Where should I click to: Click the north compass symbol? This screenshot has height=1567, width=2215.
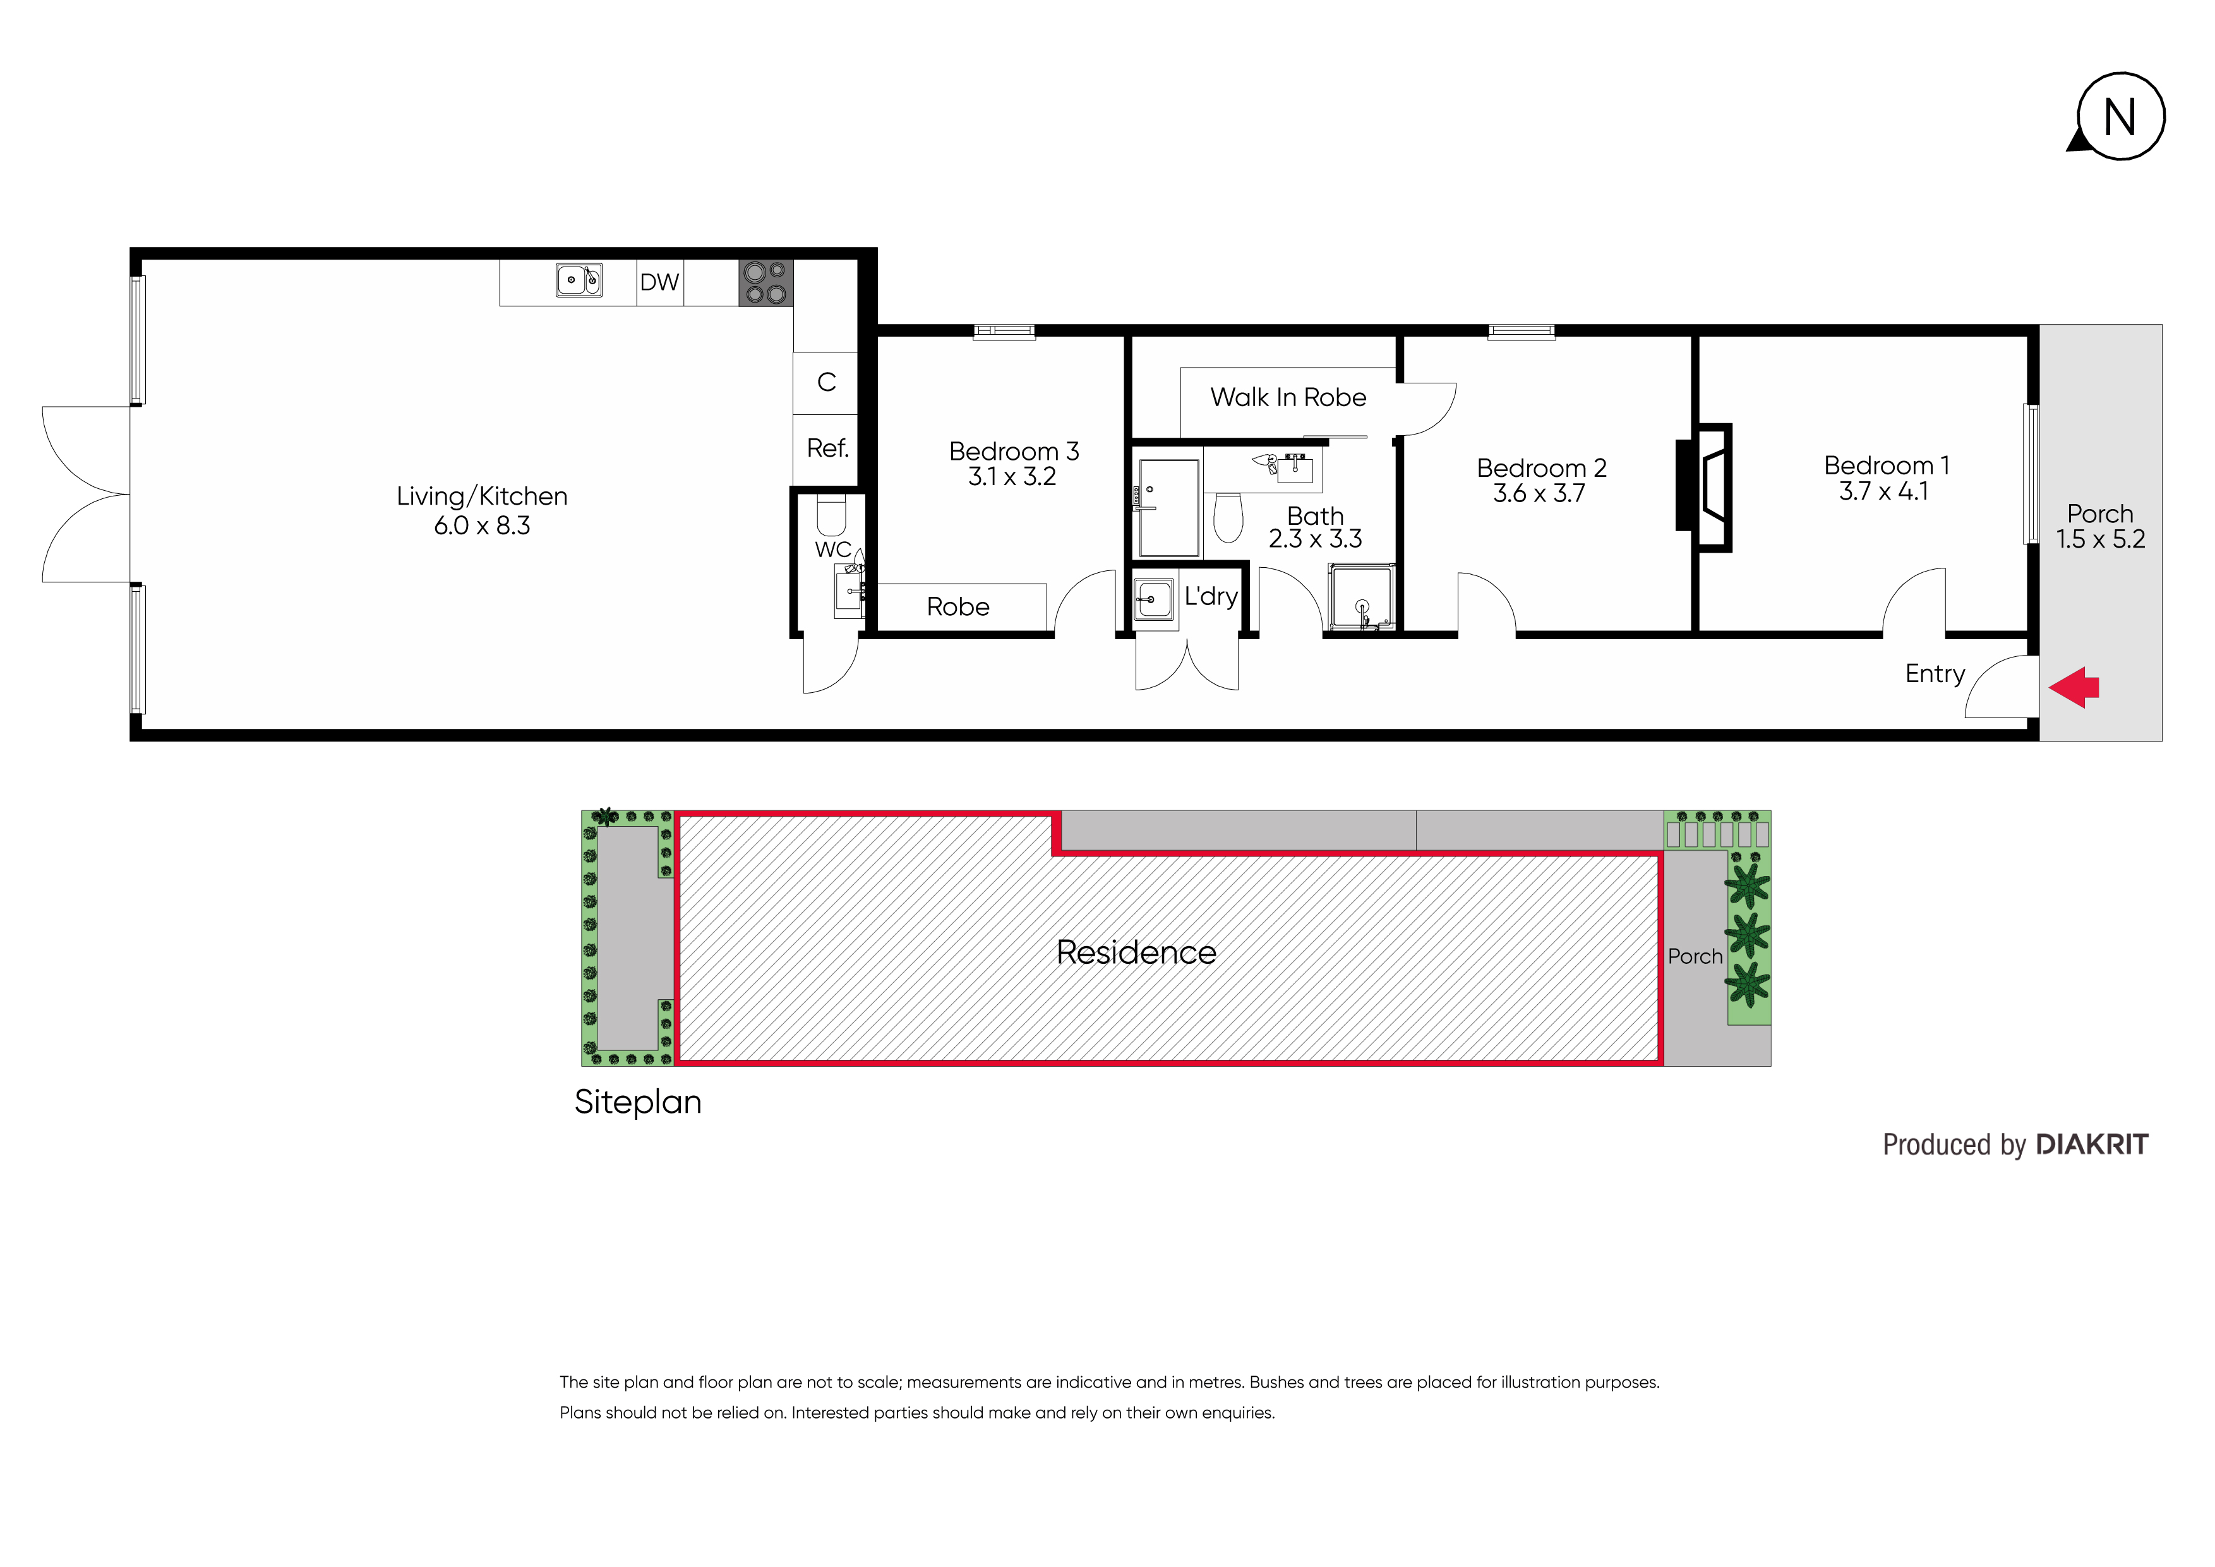tap(2120, 117)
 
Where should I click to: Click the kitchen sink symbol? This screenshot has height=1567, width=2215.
tap(579, 280)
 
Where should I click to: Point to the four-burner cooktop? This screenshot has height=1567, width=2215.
tap(766, 283)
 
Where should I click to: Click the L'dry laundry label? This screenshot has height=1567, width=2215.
tap(1211, 596)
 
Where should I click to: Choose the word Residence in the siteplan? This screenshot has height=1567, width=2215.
tap(1136, 952)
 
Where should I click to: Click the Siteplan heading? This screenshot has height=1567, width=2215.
tap(638, 1103)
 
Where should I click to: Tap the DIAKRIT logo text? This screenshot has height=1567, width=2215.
tap(2091, 1144)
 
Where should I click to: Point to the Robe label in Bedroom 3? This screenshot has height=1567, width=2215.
tap(958, 607)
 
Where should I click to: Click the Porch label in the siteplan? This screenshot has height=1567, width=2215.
tap(1695, 956)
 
